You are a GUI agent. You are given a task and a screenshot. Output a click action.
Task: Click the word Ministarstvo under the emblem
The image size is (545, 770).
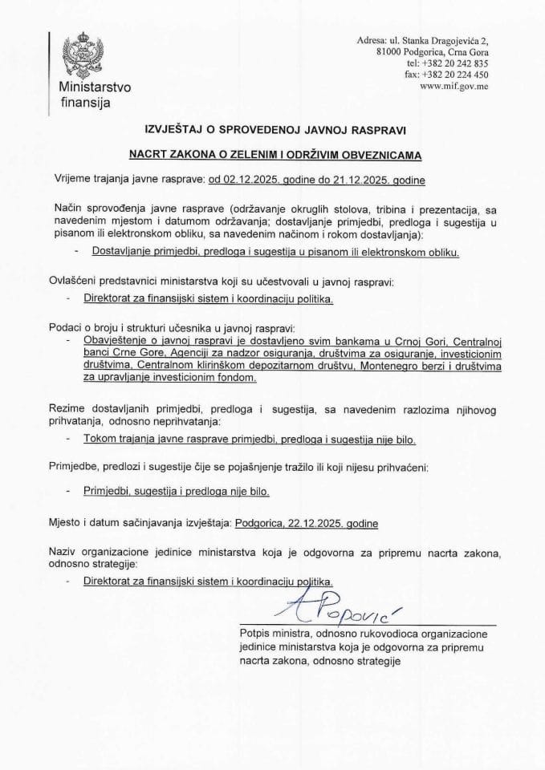tap(89, 87)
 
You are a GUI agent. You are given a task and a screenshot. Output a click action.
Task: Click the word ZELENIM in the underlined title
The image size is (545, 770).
tap(265, 152)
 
